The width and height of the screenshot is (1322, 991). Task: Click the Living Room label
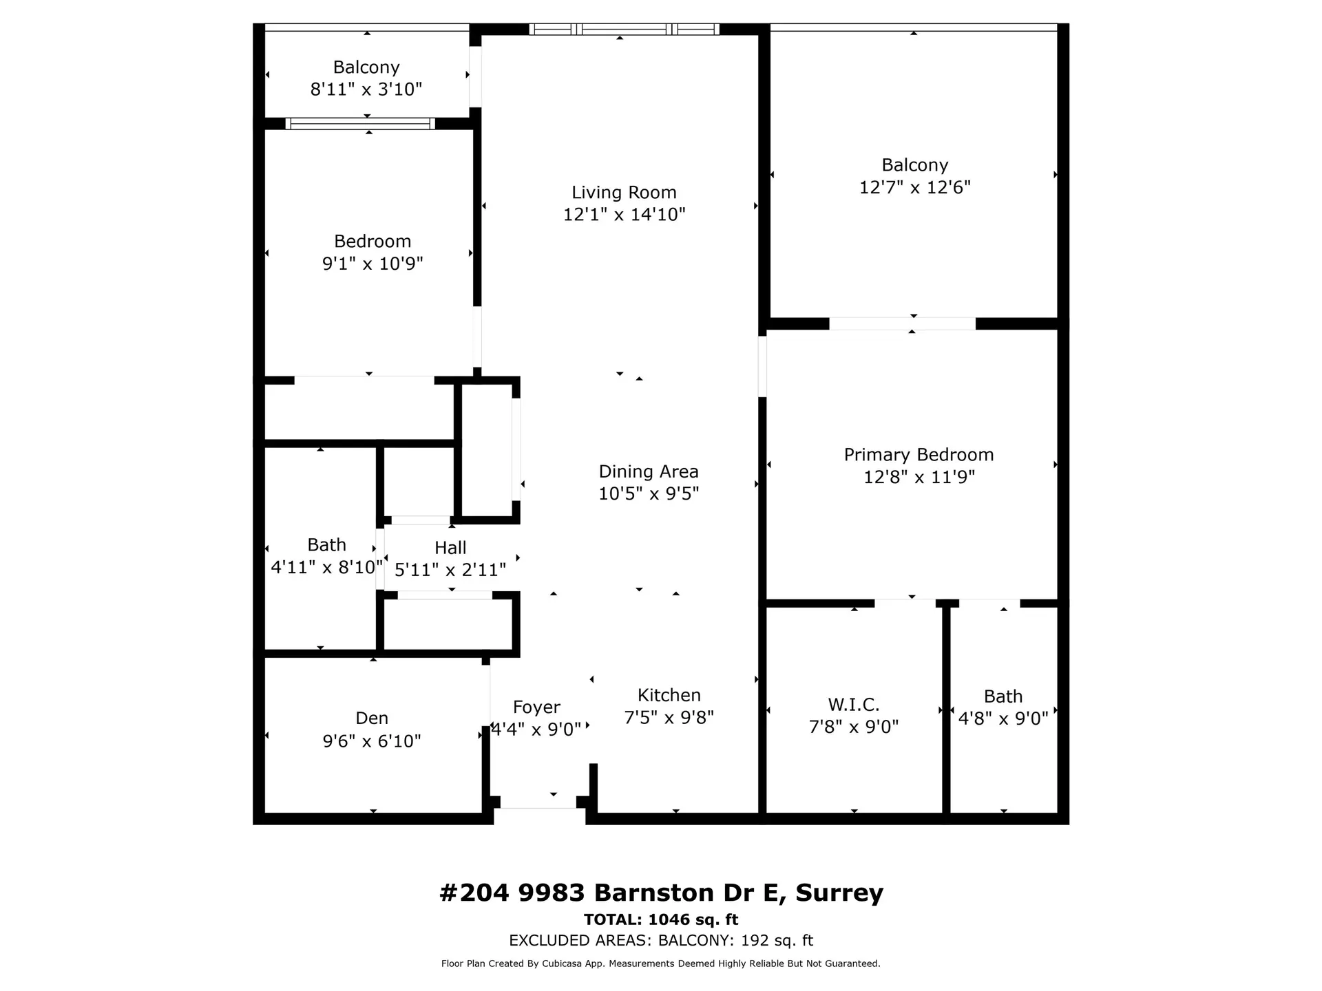click(x=624, y=193)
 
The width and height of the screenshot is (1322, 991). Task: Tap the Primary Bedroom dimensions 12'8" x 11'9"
click(x=919, y=477)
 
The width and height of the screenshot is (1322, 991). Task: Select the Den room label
click(x=372, y=718)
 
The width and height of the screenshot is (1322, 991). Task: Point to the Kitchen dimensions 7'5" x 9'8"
click(x=669, y=718)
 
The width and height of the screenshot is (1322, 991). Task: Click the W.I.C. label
click(x=854, y=705)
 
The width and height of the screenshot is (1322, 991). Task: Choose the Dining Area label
click(x=649, y=471)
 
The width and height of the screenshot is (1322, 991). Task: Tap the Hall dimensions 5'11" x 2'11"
click(x=450, y=570)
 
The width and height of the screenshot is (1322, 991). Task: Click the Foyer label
click(x=536, y=707)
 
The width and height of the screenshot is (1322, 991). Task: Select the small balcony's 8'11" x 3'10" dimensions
click(x=366, y=89)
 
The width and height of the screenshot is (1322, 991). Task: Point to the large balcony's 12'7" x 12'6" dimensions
click(x=914, y=187)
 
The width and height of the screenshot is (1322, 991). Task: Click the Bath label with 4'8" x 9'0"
click(x=1003, y=696)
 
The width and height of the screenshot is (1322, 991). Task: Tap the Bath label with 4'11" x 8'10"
click(x=326, y=545)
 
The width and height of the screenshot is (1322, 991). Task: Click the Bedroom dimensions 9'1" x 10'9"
click(x=373, y=264)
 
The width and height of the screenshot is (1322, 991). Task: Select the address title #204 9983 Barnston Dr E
click(x=661, y=893)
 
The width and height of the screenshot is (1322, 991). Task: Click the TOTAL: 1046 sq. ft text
click(x=661, y=919)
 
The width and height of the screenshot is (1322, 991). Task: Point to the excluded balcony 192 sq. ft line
click(x=661, y=940)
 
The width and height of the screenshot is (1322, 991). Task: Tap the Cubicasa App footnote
click(x=661, y=963)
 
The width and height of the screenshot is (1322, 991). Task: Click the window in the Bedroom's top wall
click(x=360, y=124)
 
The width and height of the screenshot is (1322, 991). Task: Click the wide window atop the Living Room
click(x=624, y=29)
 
